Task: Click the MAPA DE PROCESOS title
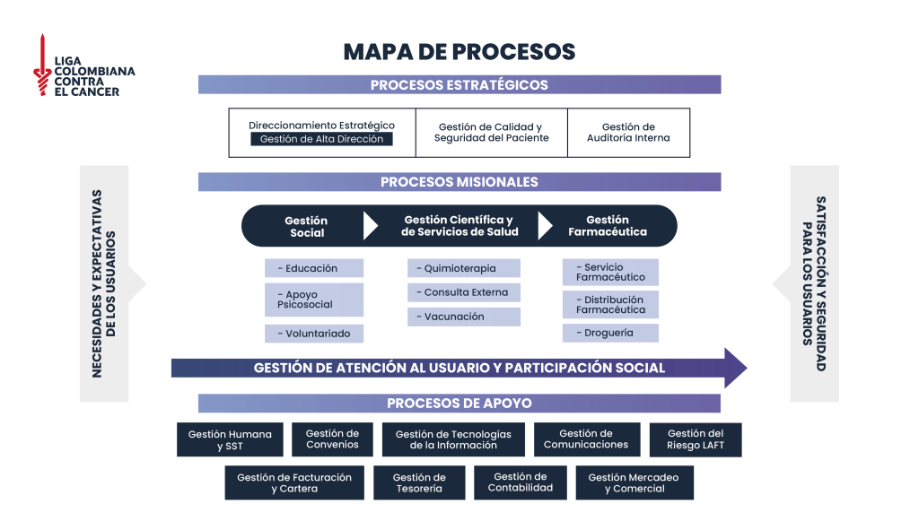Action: pos(459,52)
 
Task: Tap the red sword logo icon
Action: pos(40,65)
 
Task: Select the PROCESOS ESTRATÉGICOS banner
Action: pos(459,85)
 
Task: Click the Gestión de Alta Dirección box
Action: pos(321,139)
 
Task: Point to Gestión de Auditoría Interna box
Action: pos(628,133)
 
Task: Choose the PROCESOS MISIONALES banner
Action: pos(459,182)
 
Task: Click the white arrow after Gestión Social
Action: pos(370,226)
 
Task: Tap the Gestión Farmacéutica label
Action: pos(608,226)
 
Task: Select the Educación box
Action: pos(314,268)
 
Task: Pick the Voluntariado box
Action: pos(314,334)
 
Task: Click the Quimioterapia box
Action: pos(464,268)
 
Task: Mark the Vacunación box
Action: pos(464,317)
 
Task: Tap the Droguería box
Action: pos(610,333)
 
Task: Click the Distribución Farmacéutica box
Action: pos(610,305)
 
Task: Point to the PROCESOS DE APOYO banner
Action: pos(459,404)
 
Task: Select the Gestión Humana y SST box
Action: pos(230,439)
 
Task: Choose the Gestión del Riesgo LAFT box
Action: pos(696,439)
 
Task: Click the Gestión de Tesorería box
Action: pos(419,482)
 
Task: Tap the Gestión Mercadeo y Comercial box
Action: pos(635,482)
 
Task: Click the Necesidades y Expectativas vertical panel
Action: pos(104,283)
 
